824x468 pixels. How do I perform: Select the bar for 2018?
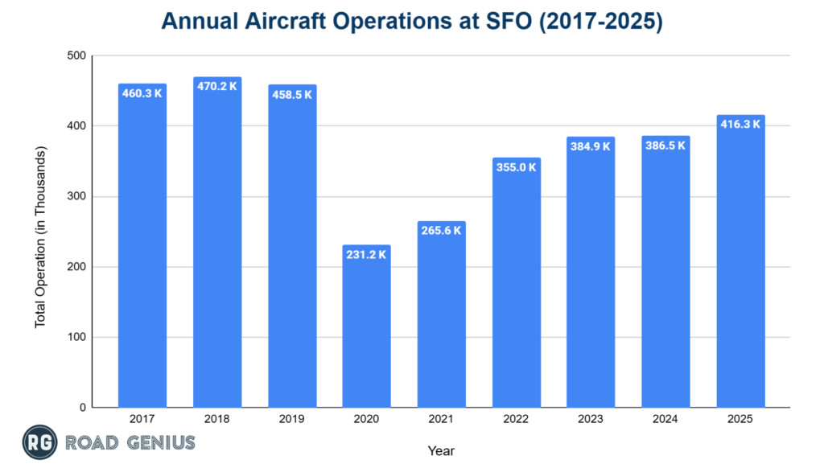click(217, 241)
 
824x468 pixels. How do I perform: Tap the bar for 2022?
click(516, 281)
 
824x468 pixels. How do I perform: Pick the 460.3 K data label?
click(142, 94)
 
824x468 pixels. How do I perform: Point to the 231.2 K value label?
click(366, 255)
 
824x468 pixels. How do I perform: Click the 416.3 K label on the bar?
click(740, 125)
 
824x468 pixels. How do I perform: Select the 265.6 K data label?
click(441, 231)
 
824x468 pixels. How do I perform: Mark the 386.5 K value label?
click(665, 146)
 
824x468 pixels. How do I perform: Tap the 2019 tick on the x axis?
click(292, 419)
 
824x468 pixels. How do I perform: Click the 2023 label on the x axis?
click(591, 419)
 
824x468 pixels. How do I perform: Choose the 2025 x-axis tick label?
click(740, 419)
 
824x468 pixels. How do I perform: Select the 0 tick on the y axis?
click(82, 408)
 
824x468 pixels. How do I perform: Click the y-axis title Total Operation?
click(39, 237)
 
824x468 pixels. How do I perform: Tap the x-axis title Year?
click(442, 450)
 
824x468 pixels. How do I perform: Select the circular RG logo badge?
click(39, 442)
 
